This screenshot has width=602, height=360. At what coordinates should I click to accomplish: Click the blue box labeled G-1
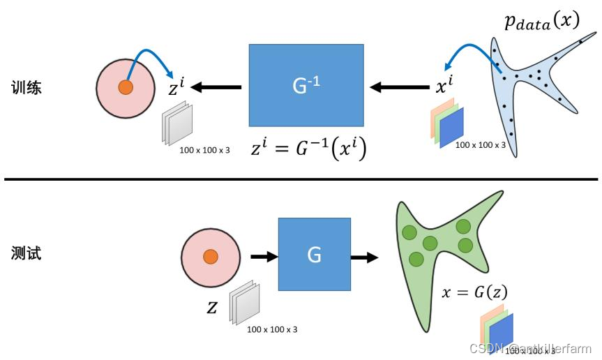tap(306, 85)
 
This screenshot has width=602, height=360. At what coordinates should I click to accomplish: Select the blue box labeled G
tap(314, 255)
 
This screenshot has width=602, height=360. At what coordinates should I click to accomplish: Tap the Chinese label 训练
tap(27, 88)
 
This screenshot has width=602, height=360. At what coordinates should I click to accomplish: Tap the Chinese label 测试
tap(27, 253)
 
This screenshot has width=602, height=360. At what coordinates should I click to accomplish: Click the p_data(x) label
tap(541, 22)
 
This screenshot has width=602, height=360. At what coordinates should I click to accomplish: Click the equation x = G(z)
tap(474, 292)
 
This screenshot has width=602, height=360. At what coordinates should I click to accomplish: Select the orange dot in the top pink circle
tap(125, 87)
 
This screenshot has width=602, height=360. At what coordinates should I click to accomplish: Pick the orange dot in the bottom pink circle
tap(210, 257)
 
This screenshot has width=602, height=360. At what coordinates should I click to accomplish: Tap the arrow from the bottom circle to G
tap(263, 257)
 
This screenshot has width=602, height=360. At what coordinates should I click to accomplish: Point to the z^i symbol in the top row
tap(176, 87)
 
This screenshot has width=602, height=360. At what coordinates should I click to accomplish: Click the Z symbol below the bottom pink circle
tap(212, 307)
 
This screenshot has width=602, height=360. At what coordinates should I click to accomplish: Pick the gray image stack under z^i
tap(177, 123)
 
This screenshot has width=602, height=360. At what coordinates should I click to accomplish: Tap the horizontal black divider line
tap(301, 179)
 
